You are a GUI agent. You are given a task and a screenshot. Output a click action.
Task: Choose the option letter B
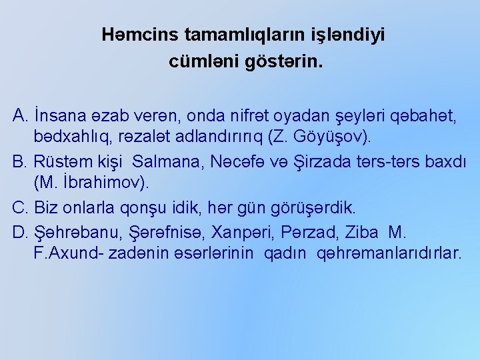pos(19,161)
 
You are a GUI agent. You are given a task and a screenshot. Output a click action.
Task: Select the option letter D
pos(19,233)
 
